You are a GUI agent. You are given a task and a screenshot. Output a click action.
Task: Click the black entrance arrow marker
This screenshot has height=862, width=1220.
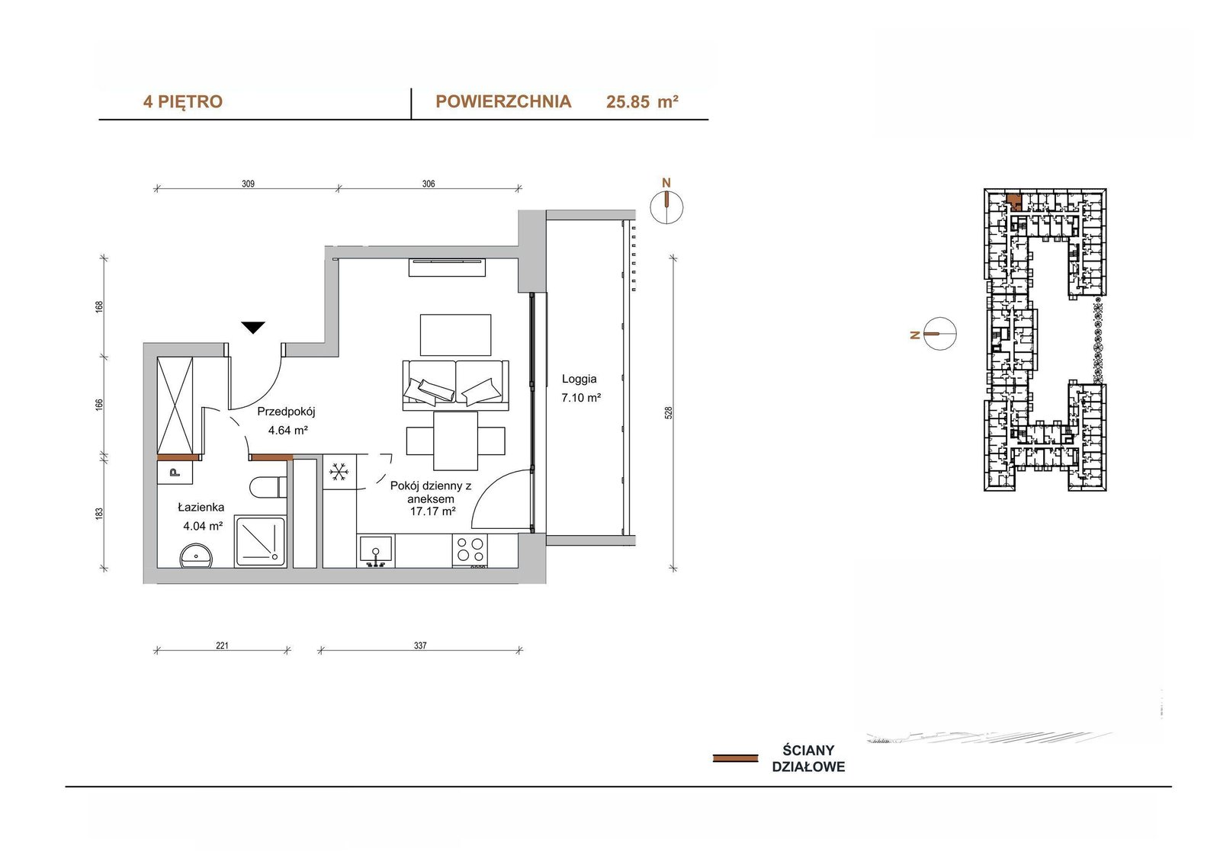(253, 327)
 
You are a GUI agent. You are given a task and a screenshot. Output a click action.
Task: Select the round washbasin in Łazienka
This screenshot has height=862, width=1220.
(196, 556)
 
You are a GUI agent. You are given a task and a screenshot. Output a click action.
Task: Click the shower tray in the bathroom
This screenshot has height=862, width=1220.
(260, 542)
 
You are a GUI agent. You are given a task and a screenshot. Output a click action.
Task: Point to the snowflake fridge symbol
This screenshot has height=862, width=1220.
(339, 472)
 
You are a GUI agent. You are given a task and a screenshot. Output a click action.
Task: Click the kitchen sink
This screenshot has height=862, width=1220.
(375, 550)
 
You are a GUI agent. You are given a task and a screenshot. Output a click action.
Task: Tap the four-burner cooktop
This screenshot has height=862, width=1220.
(470, 549)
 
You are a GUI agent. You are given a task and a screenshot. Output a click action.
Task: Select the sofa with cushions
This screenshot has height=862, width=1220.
(456, 385)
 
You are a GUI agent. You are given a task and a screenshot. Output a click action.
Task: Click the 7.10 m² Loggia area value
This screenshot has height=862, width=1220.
(580, 398)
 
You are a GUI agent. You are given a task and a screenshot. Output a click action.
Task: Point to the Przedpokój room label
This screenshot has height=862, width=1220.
(286, 412)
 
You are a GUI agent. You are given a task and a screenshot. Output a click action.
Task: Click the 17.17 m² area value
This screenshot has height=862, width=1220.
(432, 511)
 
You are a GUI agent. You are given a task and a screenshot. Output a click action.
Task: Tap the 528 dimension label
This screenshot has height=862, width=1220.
(669, 412)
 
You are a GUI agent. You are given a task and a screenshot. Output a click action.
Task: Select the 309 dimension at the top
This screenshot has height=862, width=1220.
(248, 184)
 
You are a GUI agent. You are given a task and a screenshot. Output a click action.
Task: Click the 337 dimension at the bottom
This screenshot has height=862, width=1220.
(420, 646)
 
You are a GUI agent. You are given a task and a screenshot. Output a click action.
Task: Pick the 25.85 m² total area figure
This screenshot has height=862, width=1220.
(642, 102)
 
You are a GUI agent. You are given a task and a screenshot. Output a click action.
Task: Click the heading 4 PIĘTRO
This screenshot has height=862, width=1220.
(183, 102)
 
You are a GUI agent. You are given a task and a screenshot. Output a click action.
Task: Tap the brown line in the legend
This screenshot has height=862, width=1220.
(735, 758)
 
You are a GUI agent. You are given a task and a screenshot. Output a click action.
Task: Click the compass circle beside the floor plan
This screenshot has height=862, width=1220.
(666, 207)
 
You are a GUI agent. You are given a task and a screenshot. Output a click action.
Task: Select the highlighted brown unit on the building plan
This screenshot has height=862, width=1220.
(1013, 201)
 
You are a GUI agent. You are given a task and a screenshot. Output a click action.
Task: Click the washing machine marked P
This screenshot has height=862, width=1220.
(175, 472)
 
